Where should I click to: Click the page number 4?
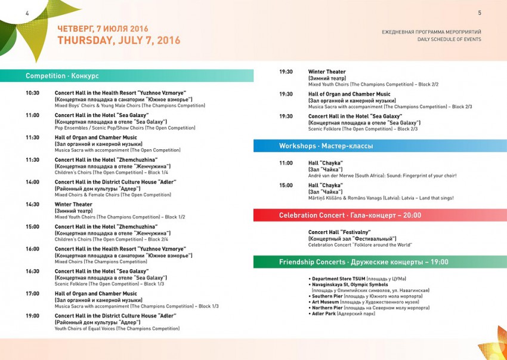pyautogui.click(x=10, y=13)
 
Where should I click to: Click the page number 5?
pyautogui.click(x=480, y=13)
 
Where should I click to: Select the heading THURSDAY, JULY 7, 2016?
pyautogui.click(x=119, y=41)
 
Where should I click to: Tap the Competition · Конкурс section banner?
pyautogui.click(x=62, y=76)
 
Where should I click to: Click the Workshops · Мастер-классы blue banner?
pyautogui.click(x=326, y=146)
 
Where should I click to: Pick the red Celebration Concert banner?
pyautogui.click(x=350, y=216)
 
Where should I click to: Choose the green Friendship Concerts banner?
pyautogui.click(x=363, y=262)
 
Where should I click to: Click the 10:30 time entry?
pyautogui.click(x=32, y=93)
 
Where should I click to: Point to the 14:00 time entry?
pyautogui.click(x=32, y=182)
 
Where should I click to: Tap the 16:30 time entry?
pyautogui.click(x=32, y=272)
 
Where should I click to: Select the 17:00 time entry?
pyautogui.click(x=32, y=294)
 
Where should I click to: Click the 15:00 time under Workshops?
pyautogui.click(x=286, y=186)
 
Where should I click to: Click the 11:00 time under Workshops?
pyautogui.click(x=286, y=163)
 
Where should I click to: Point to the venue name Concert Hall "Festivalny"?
pyautogui.click(x=339, y=232)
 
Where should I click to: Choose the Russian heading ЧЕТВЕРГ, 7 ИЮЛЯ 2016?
pyautogui.click(x=103, y=29)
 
